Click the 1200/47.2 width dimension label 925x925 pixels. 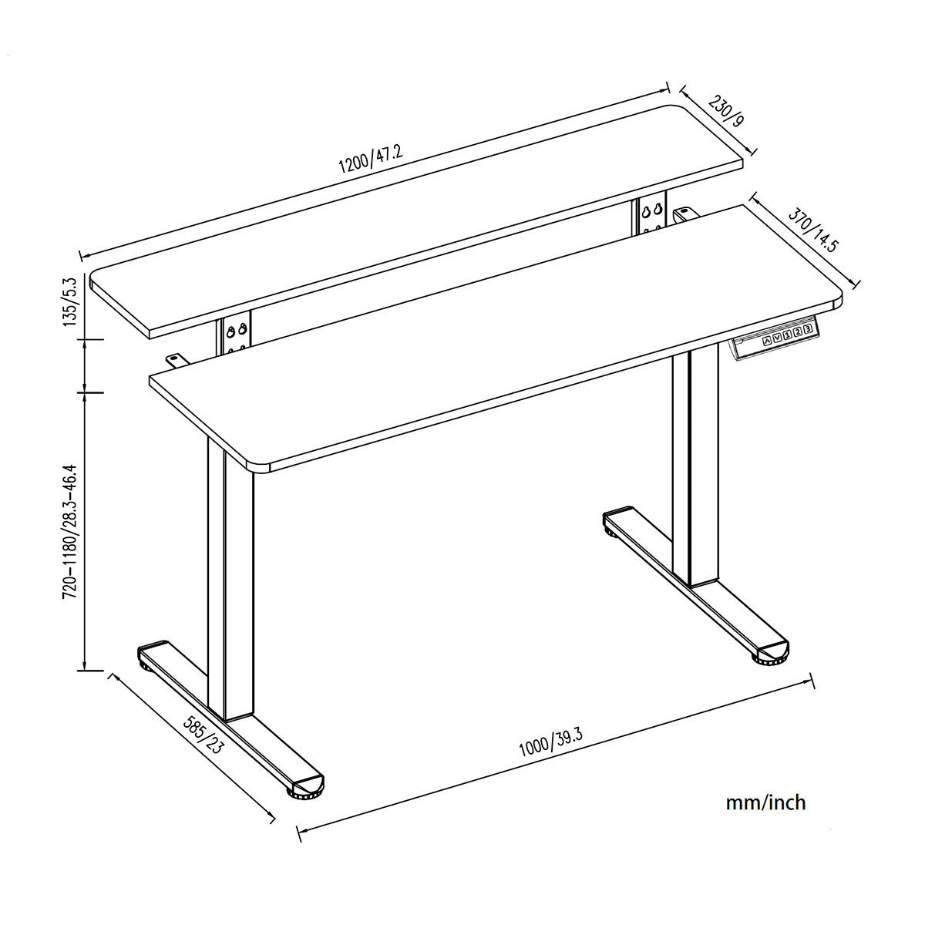370,159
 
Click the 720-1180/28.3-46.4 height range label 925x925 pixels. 70,531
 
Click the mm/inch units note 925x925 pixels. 765,802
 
